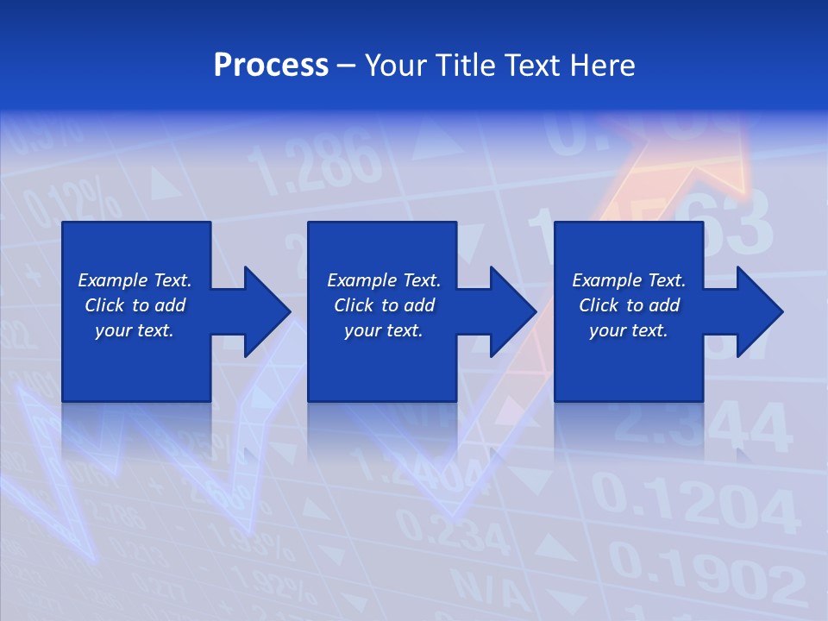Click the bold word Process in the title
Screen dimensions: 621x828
[x=271, y=66]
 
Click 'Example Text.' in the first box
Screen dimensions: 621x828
[x=135, y=280]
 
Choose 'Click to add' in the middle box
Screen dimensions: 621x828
[x=384, y=305]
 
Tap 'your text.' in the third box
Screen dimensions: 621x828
[x=629, y=330]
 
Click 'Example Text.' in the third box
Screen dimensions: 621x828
[x=629, y=280]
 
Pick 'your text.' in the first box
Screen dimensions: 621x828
[x=135, y=330]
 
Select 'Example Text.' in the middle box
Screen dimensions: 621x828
[x=384, y=280]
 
